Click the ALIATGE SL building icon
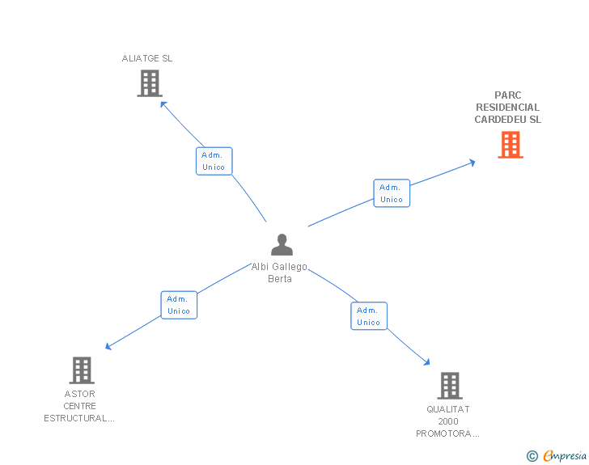pyautogui.click(x=150, y=83)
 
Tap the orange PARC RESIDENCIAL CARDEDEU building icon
pyautogui.click(x=510, y=145)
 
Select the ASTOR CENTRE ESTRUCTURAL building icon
pyautogui.click(x=81, y=370)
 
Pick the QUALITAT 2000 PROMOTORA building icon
pyautogui.click(x=449, y=386)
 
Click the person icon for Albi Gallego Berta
pyautogui.click(x=282, y=244)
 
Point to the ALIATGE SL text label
pyautogui.click(x=147, y=58)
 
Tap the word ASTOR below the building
pyautogui.click(x=80, y=394)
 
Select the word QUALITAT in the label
pyautogui.click(x=448, y=409)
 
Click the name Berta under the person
pyautogui.click(x=280, y=279)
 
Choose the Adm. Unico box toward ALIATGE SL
pyautogui.click(x=214, y=161)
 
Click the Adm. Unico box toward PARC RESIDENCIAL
pyautogui.click(x=392, y=193)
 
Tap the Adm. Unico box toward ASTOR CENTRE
pyautogui.click(x=179, y=305)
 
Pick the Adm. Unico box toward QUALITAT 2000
pyautogui.click(x=368, y=316)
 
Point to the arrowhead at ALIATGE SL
pyautogui.click(x=163, y=103)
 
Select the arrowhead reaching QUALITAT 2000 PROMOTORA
pyautogui.click(x=427, y=363)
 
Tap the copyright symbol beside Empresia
pyautogui.click(x=532, y=456)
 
